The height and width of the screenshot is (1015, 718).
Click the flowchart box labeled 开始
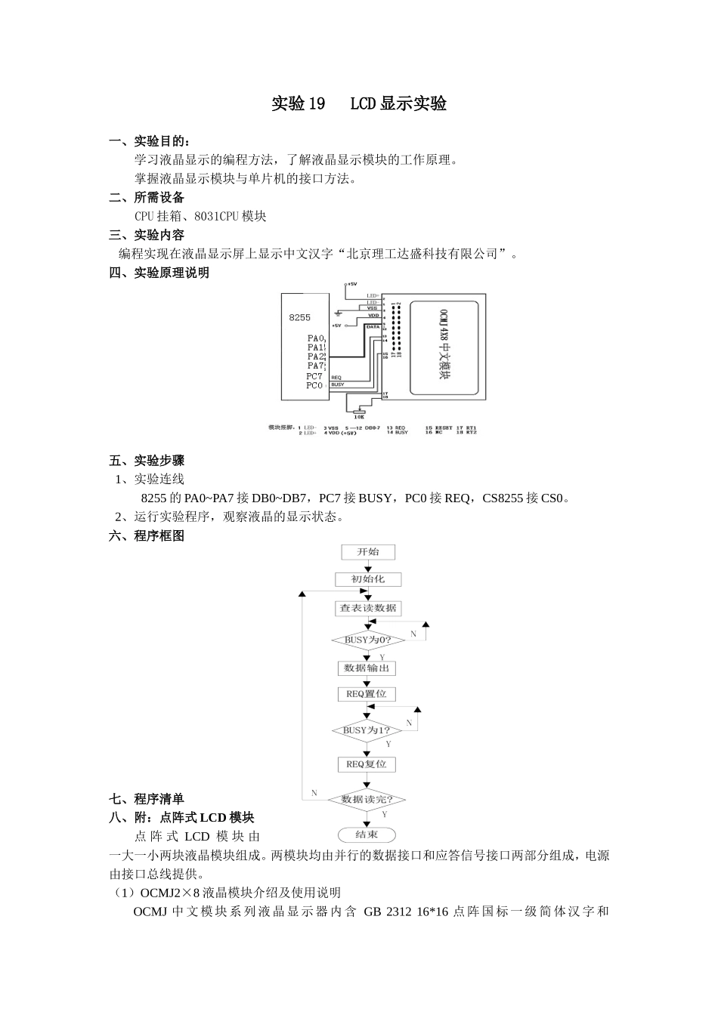pyautogui.click(x=367, y=552)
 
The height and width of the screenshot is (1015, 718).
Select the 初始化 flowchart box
pyautogui.click(x=367, y=579)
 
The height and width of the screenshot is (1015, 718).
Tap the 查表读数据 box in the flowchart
pyautogui.click(x=367, y=608)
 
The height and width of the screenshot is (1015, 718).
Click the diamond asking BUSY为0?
pyautogui.click(x=367, y=640)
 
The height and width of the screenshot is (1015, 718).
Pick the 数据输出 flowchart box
pyautogui.click(x=367, y=668)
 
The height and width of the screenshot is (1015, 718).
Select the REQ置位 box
pyautogui.click(x=367, y=694)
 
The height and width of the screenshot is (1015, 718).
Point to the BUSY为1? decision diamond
pyautogui.click(x=367, y=730)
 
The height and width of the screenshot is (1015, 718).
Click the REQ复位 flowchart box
pyautogui.click(x=367, y=764)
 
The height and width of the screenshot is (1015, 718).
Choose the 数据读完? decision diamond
pyautogui.click(x=367, y=799)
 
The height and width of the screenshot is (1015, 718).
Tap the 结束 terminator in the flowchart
pyautogui.click(x=367, y=835)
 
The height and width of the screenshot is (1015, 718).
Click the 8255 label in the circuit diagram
pyautogui.click(x=300, y=318)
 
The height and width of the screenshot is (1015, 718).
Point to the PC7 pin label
pyautogui.click(x=314, y=376)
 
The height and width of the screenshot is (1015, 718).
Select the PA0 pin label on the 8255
pyautogui.click(x=315, y=338)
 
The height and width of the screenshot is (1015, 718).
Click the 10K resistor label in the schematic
pyautogui.click(x=359, y=416)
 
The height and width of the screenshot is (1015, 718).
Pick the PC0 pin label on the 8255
pyautogui.click(x=314, y=386)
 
